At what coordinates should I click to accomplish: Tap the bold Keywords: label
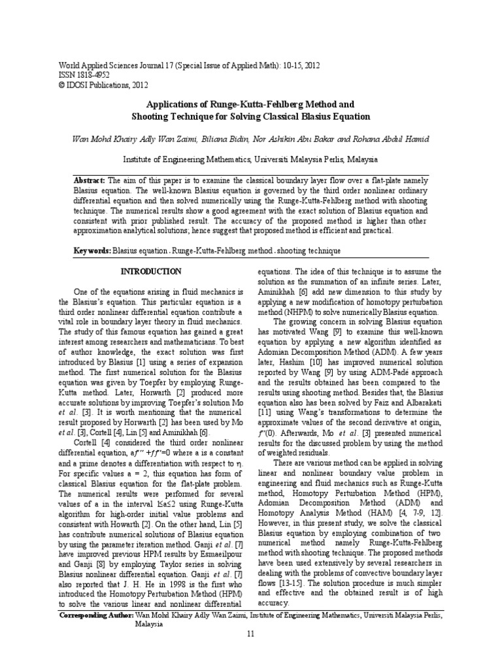coord(92,251)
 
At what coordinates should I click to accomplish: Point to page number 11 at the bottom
coord(251,634)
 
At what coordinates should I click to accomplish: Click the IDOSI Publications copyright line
coord(103,85)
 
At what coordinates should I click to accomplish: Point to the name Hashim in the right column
coord(300,363)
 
